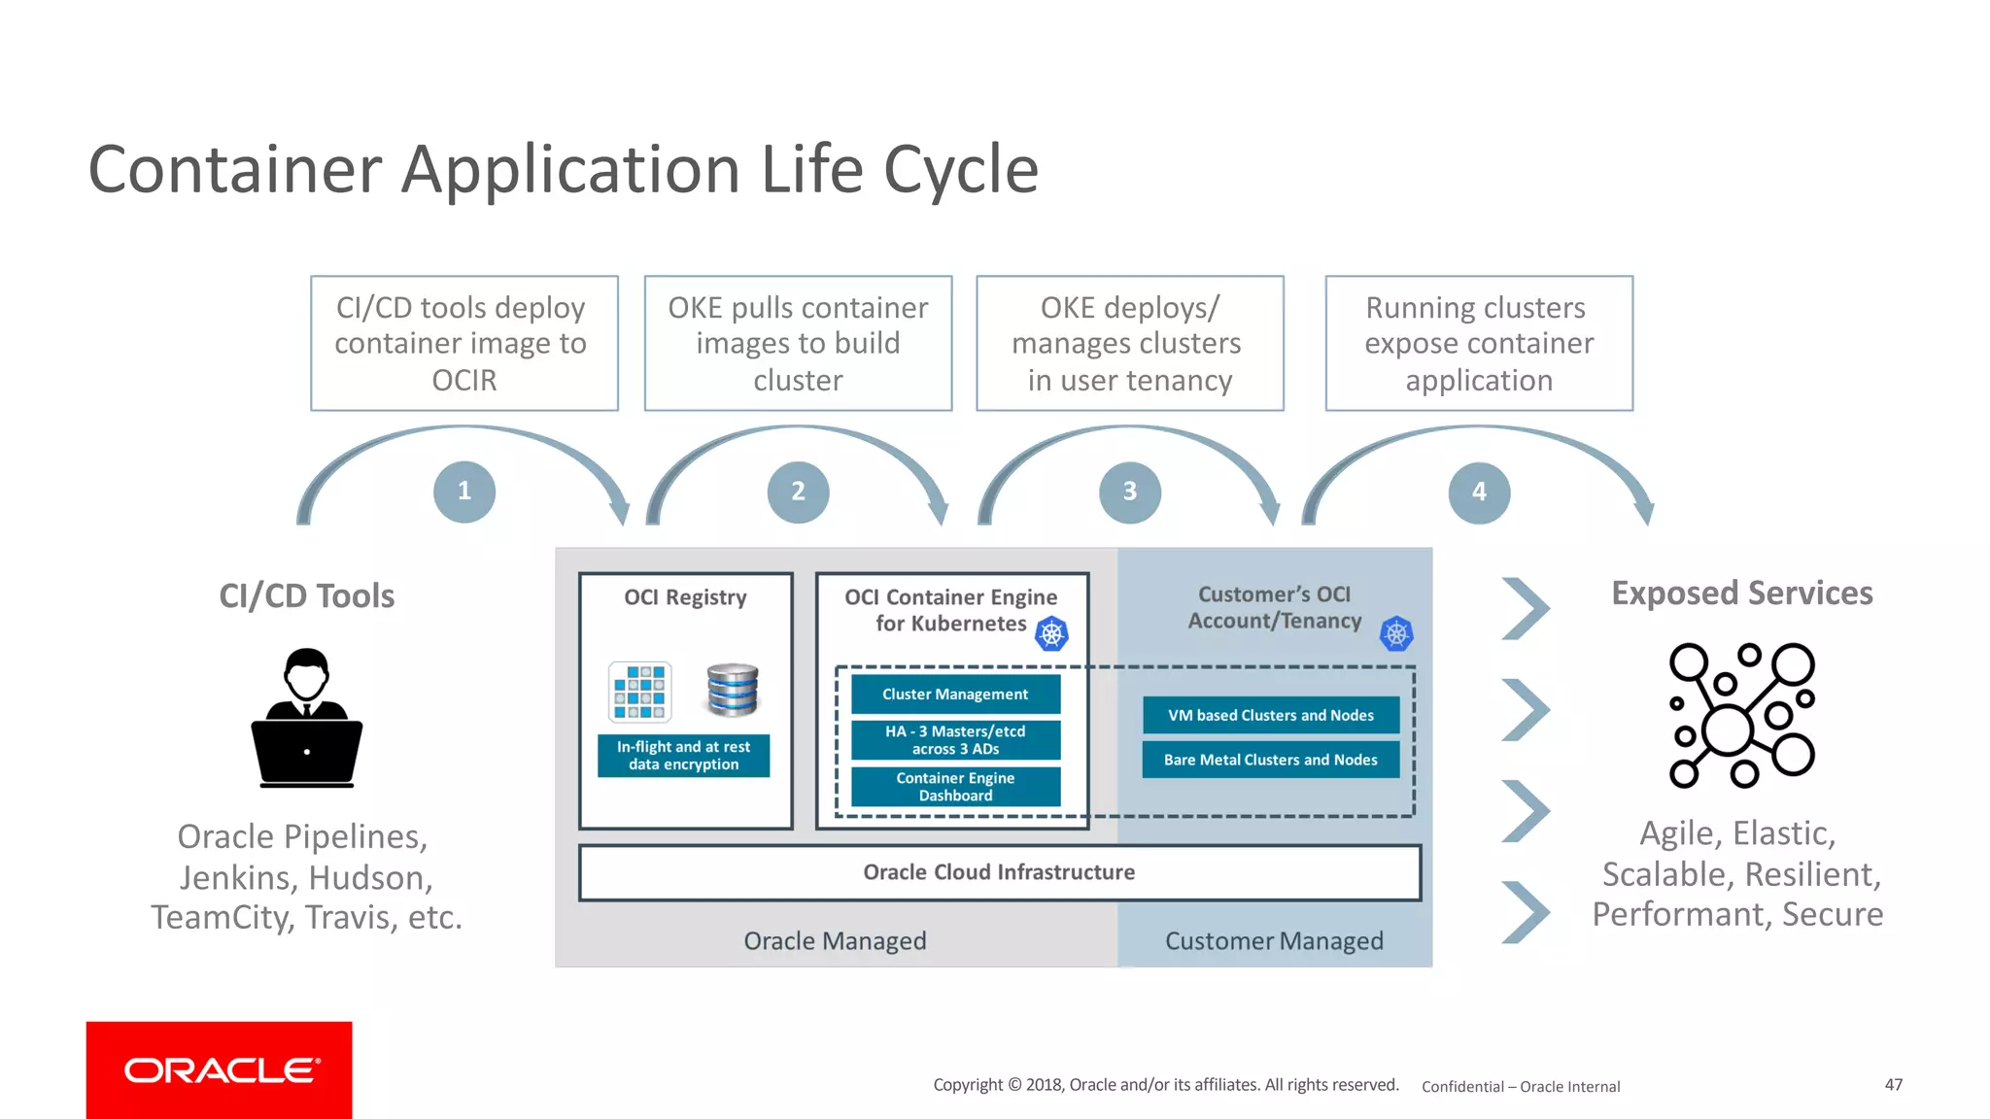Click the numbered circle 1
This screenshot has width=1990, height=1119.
point(464,492)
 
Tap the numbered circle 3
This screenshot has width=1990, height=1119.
point(1129,492)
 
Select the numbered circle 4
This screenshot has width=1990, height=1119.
point(1479,492)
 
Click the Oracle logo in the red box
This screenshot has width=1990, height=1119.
point(220,1069)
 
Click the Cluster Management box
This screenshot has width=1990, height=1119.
point(955,695)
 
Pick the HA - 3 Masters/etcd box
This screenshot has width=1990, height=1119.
point(955,740)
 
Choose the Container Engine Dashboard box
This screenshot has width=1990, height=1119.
point(955,787)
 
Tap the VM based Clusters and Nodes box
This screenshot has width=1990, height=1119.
point(1271,715)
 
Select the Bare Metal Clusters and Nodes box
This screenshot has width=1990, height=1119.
point(1271,760)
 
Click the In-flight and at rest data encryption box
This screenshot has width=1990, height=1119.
point(683,756)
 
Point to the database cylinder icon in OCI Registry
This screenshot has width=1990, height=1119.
point(733,690)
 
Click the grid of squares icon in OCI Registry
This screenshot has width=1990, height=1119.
point(639,692)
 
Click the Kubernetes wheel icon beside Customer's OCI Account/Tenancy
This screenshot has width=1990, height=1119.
point(1396,634)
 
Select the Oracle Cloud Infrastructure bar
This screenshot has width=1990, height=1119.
point(999,872)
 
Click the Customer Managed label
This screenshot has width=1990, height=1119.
point(1274,941)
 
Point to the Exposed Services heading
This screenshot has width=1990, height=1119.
point(1741,593)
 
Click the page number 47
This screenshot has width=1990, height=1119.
point(1893,1085)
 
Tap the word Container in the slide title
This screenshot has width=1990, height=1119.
point(235,170)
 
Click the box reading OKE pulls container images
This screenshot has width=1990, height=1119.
point(798,343)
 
